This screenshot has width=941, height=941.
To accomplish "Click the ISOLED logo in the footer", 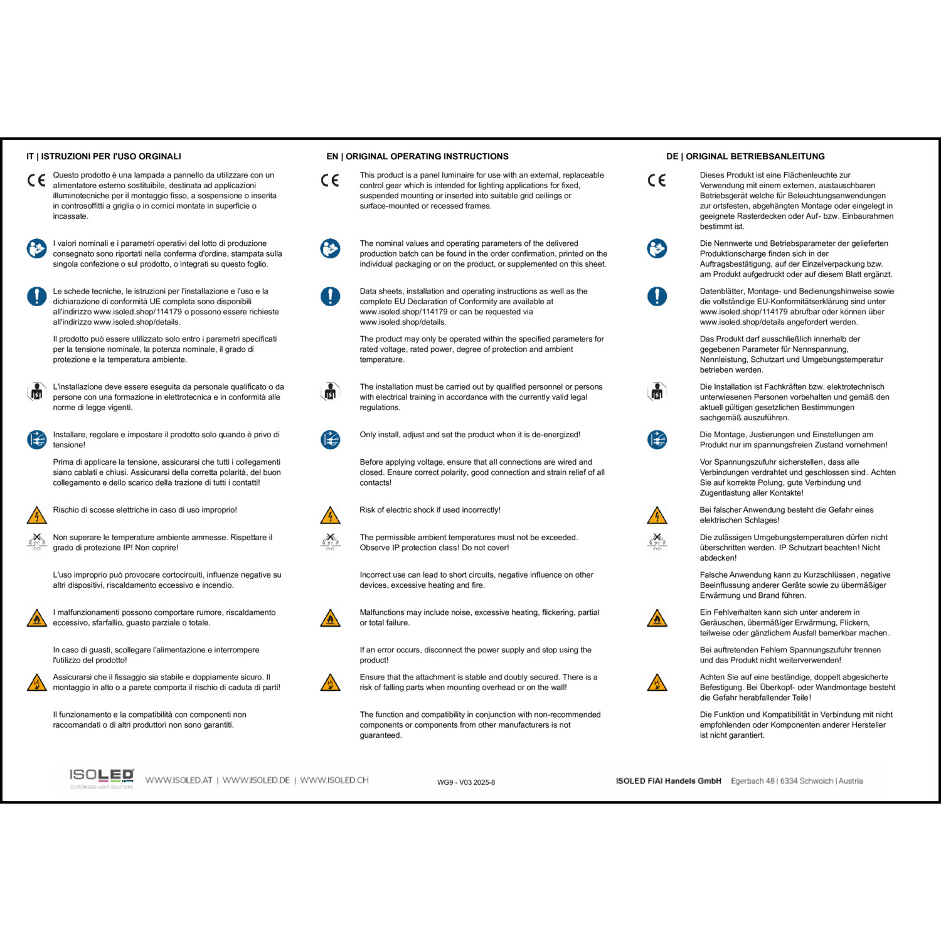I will pyautogui.click(x=102, y=777).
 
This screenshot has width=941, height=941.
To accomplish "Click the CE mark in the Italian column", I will pyautogui.click(x=36, y=181).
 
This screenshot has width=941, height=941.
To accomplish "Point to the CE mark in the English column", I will pyautogui.click(x=330, y=181).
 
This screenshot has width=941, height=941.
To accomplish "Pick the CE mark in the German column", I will pyautogui.click(x=657, y=181).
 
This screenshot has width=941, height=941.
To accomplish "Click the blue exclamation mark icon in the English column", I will pyautogui.click(x=330, y=296).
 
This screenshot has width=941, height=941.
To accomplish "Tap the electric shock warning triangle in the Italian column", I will pyautogui.click(x=37, y=516).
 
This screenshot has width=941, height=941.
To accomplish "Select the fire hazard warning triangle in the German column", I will pyautogui.click(x=657, y=619).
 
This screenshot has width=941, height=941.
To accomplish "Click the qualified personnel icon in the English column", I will pyautogui.click(x=330, y=392).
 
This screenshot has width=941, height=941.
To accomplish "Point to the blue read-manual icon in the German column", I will pyautogui.click(x=657, y=248).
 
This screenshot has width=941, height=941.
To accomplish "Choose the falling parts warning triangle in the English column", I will pyautogui.click(x=330, y=683).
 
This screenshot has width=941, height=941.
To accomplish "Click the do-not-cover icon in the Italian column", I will pyautogui.click(x=37, y=541).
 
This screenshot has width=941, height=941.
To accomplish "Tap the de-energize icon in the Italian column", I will pyautogui.click(x=37, y=440).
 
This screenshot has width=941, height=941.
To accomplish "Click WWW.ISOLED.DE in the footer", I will pyautogui.click(x=256, y=780).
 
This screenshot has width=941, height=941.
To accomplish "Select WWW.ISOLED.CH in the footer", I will pyautogui.click(x=334, y=780).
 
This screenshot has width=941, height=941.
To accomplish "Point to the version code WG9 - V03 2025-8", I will pyautogui.click(x=466, y=782).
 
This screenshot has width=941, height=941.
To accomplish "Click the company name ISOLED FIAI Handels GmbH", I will pyautogui.click(x=668, y=781).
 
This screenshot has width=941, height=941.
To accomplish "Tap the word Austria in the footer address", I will pyautogui.click(x=851, y=781).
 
